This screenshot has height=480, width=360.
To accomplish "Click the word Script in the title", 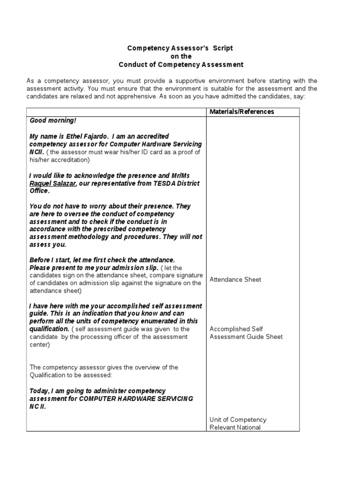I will point(223,48).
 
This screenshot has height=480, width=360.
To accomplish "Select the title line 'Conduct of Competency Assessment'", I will point(181,64).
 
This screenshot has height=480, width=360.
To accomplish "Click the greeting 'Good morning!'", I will point(52,120).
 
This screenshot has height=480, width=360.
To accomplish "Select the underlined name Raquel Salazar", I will point(53,183).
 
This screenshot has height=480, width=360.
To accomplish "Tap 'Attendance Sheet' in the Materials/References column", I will point(235,279).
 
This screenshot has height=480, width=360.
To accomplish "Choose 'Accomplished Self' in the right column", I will point(236,329).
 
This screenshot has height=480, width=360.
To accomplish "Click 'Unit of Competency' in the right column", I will point(238,420).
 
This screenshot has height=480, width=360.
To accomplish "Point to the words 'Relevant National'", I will point(235,427).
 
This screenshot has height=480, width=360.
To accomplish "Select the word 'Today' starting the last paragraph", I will point(39,390).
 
